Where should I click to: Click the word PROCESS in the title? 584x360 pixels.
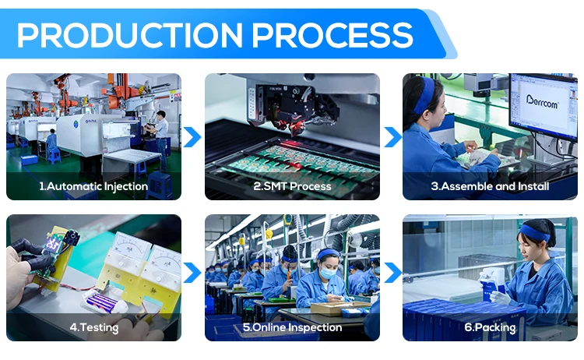pos(332,35)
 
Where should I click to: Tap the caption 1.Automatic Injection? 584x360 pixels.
pos(93,186)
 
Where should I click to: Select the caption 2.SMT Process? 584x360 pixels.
pos(292,186)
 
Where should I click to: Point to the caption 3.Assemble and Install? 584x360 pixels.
pos(490,186)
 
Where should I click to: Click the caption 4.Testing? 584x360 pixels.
pos(94,327)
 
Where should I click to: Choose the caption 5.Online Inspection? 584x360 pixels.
pos(292,327)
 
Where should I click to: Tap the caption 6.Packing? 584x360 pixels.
pos(490,327)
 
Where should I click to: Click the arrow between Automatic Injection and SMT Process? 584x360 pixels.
pos(192,137)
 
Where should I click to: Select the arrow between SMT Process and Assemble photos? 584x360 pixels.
pos(393,137)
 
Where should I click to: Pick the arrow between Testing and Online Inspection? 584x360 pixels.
pos(192,273)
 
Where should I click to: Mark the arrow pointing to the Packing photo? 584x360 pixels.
pos(393,273)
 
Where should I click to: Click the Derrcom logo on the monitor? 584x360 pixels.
pos(542,101)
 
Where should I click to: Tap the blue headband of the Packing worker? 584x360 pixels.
pos(534,232)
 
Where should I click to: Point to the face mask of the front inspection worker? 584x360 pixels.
pos(328,273)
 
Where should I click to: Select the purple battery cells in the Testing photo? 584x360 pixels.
pos(101,302)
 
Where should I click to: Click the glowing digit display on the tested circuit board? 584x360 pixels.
pos(52,245)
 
